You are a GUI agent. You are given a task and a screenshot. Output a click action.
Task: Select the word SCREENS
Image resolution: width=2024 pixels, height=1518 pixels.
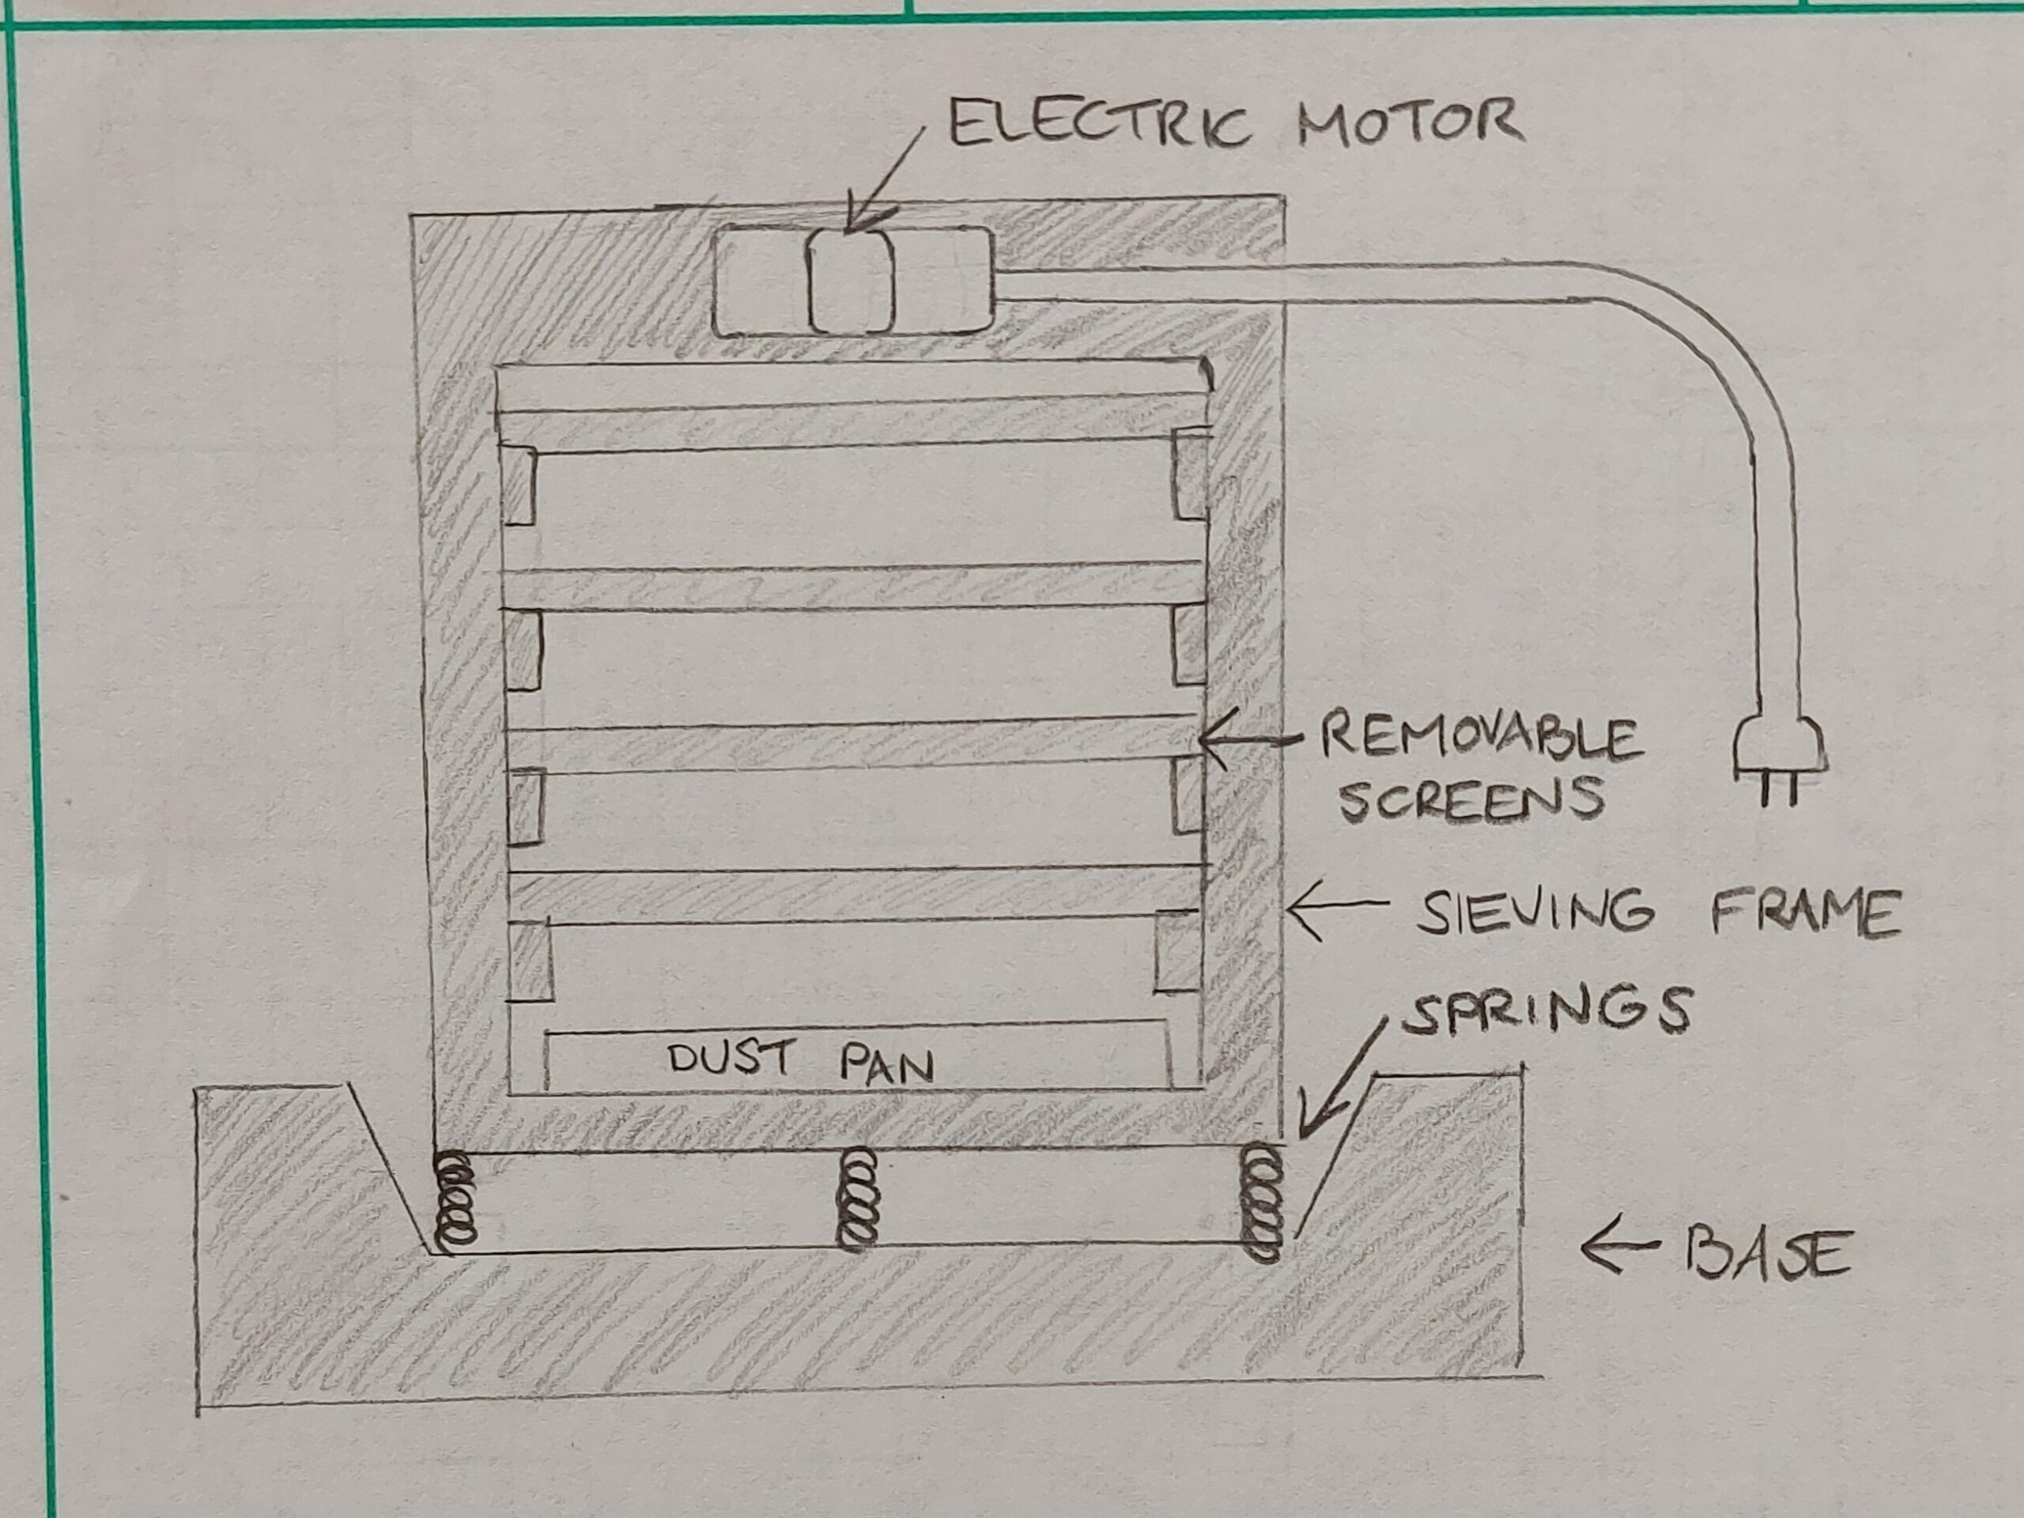1471,799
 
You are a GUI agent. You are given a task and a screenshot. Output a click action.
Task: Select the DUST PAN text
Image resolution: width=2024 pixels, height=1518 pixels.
801,1061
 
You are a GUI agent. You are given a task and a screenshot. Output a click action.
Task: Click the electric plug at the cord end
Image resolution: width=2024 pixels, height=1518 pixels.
1779,755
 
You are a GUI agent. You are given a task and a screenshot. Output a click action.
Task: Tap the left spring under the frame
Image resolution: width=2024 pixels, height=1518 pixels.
455,1199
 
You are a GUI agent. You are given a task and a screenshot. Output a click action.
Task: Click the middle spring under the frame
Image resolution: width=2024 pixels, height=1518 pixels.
857,1199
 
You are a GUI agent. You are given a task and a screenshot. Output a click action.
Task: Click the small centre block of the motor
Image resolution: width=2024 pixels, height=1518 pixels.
850,280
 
